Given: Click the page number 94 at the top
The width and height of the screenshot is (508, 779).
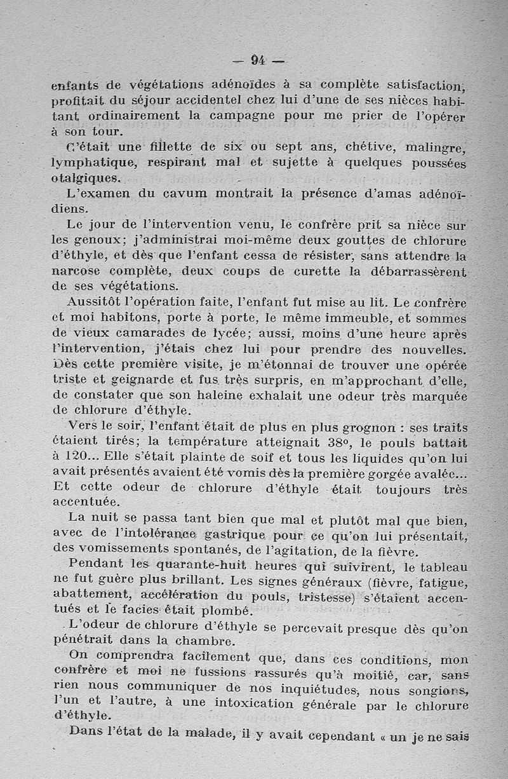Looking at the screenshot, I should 258,61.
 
